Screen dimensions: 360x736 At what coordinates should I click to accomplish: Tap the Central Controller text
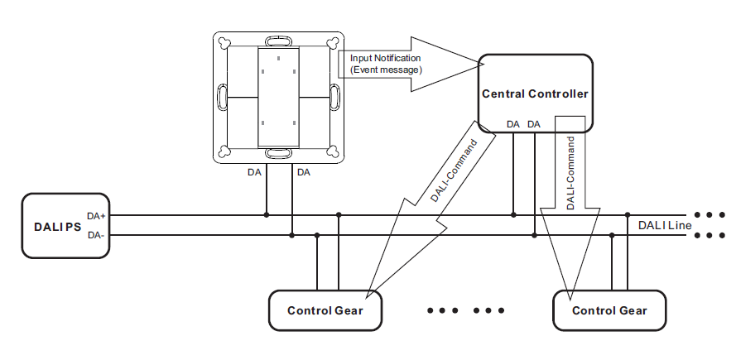click(535, 94)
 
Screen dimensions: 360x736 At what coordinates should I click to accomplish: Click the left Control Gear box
click(325, 311)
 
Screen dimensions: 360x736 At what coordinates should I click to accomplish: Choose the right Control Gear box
click(609, 311)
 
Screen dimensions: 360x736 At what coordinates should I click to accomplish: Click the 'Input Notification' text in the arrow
click(385, 58)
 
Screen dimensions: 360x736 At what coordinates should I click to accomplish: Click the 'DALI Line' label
click(664, 225)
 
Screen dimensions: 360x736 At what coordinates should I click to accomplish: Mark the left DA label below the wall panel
click(255, 173)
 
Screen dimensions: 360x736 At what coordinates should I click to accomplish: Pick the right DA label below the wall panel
click(304, 173)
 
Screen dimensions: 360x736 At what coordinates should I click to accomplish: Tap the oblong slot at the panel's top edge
click(278, 40)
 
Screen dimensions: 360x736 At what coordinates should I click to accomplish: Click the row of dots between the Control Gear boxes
click(465, 311)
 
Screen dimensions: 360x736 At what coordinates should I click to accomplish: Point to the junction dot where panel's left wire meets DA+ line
click(266, 215)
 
